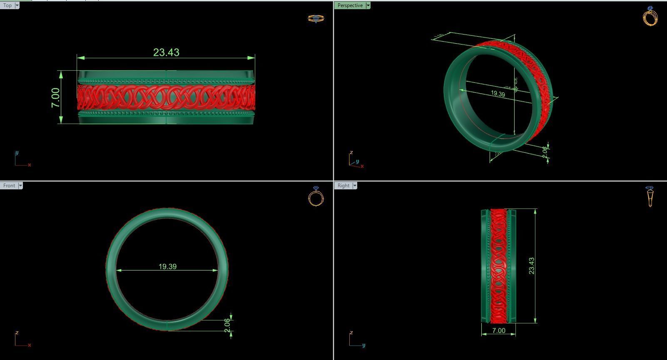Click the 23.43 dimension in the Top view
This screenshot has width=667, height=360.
166,52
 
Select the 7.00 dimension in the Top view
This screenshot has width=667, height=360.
55,97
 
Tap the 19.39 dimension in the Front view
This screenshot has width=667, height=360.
167,266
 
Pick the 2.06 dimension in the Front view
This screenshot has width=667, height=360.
227,325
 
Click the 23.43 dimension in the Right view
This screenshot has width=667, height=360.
532,266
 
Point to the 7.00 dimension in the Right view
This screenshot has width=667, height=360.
498,331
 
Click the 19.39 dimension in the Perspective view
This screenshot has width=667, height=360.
498,94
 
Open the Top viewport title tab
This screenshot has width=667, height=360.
7,5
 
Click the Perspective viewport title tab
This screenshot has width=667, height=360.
350,5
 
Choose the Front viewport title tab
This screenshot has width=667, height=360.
9,186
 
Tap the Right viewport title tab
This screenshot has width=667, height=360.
343,186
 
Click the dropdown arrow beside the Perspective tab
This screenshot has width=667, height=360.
368,5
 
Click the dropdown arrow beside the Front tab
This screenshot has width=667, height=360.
20,186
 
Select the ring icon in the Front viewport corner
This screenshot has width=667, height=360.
316,196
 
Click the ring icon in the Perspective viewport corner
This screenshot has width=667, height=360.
650,16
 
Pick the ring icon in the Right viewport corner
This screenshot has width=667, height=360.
650,196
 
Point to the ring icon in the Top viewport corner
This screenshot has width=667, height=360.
316,18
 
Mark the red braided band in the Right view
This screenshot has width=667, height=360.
498,266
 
